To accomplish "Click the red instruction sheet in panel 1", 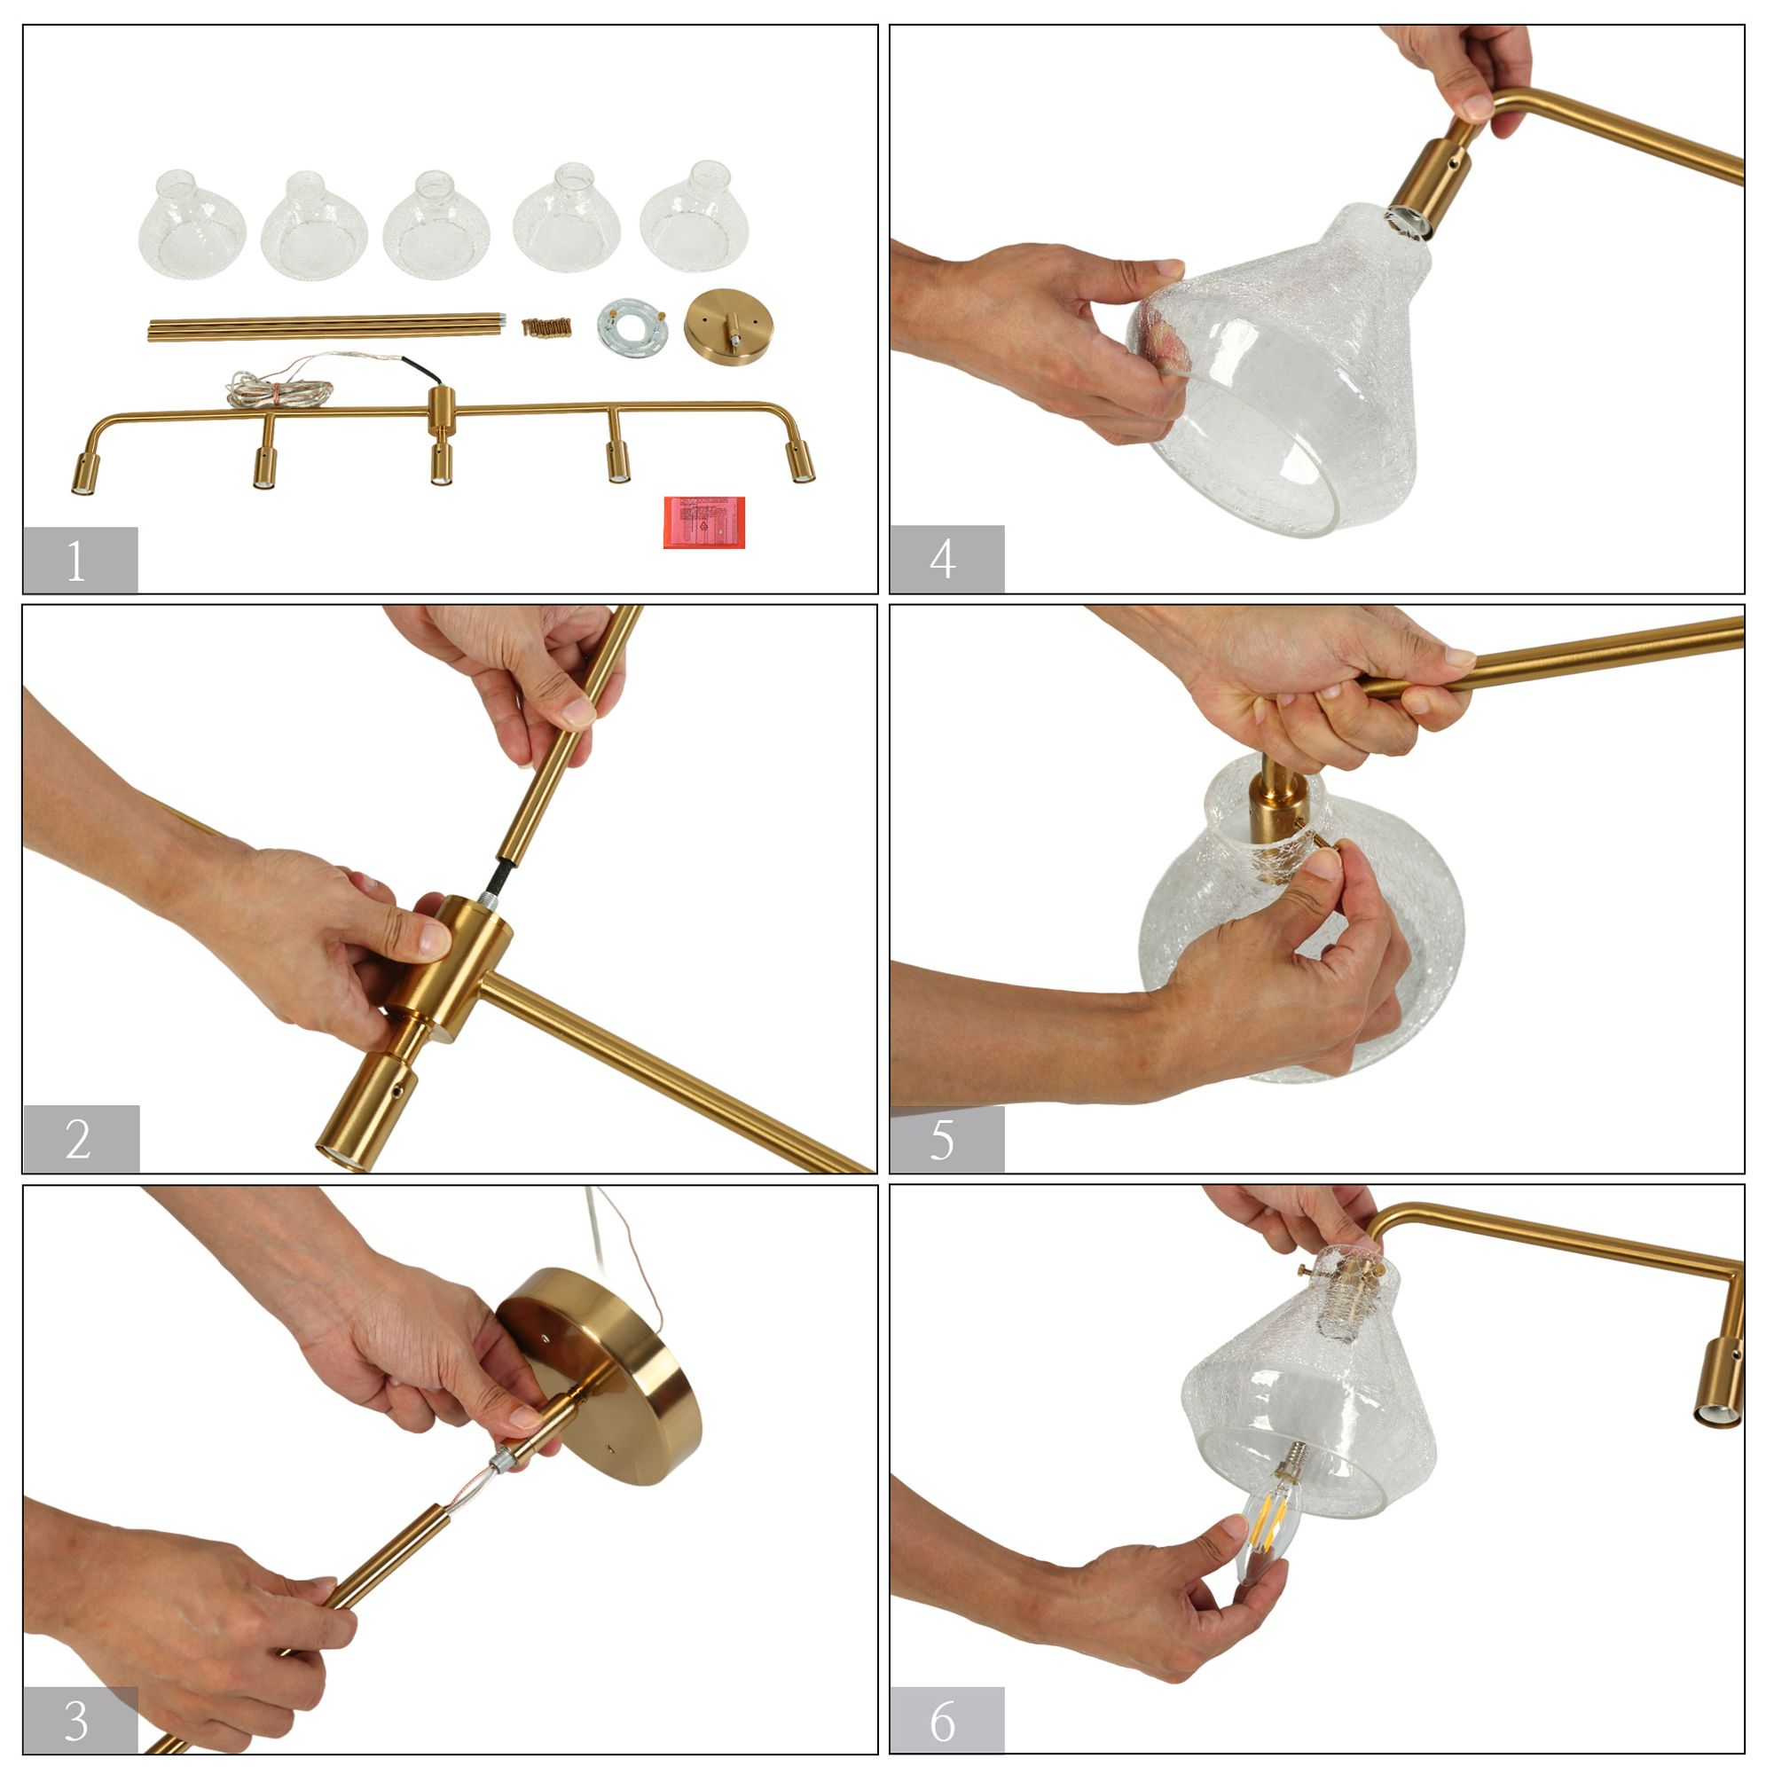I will click(x=703, y=522).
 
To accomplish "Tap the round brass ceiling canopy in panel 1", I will click(x=728, y=326).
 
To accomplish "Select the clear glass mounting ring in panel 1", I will click(x=632, y=326).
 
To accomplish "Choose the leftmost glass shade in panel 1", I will click(x=191, y=226).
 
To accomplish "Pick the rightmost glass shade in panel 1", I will click(x=695, y=218).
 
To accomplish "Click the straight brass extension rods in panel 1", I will click(x=326, y=327).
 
